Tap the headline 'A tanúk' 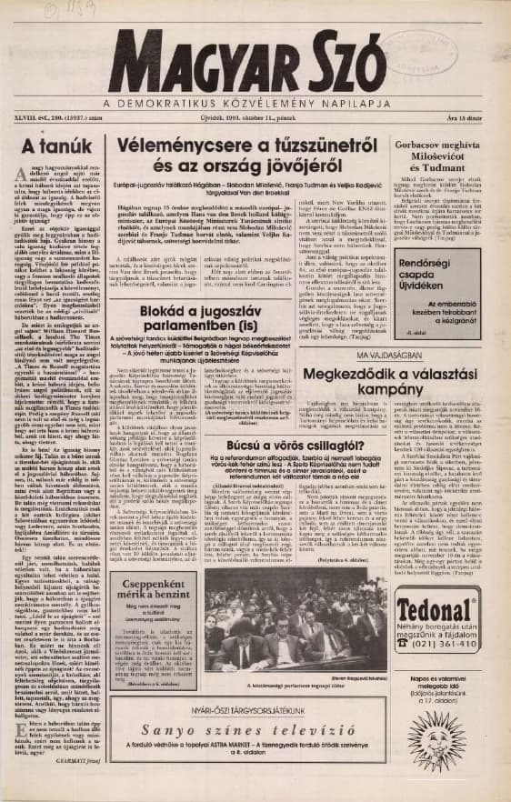(45, 145)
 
